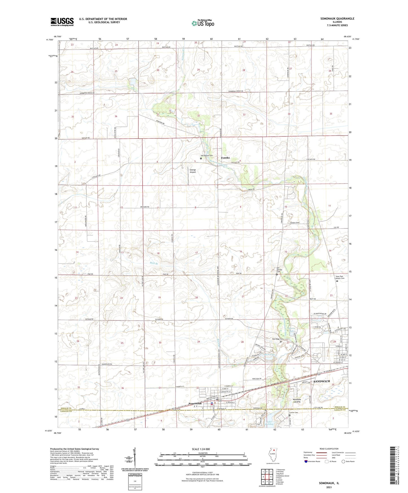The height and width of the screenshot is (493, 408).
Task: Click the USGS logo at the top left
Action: point(62,22)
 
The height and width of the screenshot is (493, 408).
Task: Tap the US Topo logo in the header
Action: point(203,23)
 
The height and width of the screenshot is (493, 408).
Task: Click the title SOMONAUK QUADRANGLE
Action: point(337,19)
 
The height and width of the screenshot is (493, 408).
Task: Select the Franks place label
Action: point(225,158)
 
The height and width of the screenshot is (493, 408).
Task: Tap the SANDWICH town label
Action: point(322,381)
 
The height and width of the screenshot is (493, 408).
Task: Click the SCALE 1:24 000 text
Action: point(202,449)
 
